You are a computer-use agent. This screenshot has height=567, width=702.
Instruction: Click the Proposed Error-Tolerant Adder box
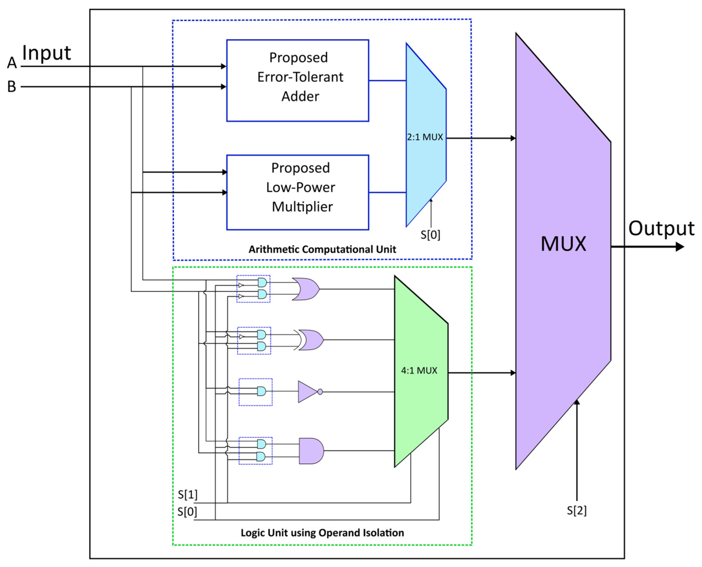coord(297,80)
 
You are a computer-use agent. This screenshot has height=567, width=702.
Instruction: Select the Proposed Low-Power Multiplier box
coord(297,192)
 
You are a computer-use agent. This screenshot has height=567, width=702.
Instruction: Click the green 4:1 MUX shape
coord(420,370)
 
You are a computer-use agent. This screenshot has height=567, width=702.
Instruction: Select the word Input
coord(46,53)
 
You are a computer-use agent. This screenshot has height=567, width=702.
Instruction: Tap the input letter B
coord(12,87)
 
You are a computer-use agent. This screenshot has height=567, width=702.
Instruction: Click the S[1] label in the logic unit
coord(188,494)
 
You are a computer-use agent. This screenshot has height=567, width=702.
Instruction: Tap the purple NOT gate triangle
coord(307,391)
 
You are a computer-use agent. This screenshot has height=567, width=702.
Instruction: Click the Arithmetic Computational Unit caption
coord(322,249)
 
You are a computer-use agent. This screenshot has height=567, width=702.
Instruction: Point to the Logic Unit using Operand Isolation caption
coord(322,533)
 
